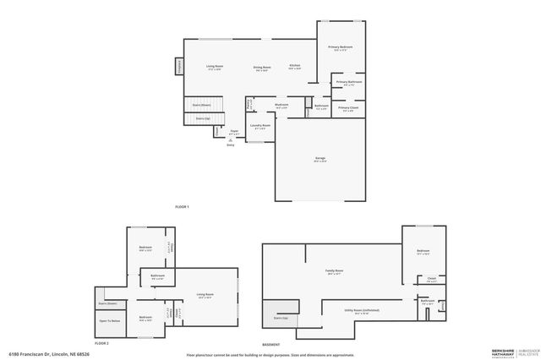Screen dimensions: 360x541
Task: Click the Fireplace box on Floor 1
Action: tap(179, 66)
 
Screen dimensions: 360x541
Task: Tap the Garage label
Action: tap(320, 159)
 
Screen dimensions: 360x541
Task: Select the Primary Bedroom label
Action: tap(341, 47)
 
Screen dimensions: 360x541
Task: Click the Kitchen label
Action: tap(295, 66)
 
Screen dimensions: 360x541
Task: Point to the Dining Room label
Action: tap(262, 67)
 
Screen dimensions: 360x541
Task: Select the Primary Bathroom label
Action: tap(347, 82)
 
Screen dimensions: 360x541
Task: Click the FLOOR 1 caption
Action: tap(182, 207)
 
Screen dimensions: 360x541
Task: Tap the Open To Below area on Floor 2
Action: tap(109, 321)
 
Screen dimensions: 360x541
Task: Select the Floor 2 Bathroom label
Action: tap(157, 275)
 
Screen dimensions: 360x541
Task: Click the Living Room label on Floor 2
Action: tap(205, 295)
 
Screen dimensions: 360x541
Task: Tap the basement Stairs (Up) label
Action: tap(280, 318)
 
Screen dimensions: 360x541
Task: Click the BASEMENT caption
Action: tap(270, 345)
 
